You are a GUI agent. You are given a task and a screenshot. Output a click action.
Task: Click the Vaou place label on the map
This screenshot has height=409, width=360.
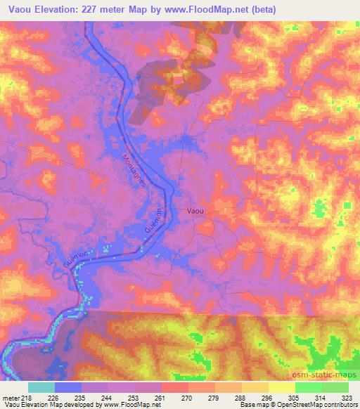pos(196,209)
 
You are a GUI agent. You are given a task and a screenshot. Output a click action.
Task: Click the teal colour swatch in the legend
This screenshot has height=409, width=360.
pos(41,387)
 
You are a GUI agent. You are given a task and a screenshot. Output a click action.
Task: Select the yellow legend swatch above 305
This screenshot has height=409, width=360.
pos(281,387)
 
